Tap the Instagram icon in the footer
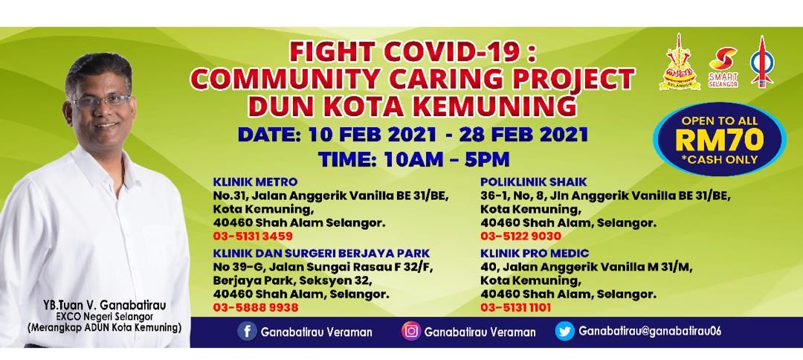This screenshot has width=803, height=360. (x=410, y=332)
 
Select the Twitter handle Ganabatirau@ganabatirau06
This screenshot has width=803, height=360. (x=650, y=332)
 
